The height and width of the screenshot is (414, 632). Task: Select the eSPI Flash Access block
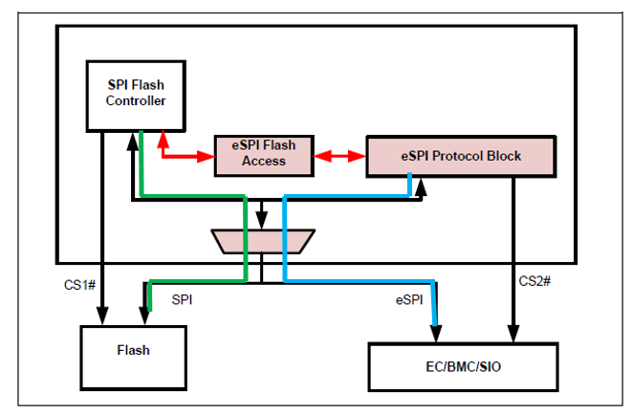click(x=263, y=153)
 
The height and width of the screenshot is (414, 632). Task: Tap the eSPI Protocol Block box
click(x=460, y=156)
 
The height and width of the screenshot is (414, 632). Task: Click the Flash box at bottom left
click(x=134, y=351)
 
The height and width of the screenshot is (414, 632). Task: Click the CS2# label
click(x=534, y=281)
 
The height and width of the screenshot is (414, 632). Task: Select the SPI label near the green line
click(x=183, y=299)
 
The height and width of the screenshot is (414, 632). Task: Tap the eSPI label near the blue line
click(x=408, y=299)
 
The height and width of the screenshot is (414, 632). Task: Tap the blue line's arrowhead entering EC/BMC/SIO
click(x=437, y=336)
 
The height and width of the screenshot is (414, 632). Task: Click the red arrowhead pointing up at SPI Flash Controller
click(x=163, y=139)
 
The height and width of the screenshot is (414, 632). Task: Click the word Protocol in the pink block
click(x=461, y=156)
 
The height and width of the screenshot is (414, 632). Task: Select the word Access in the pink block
click(x=263, y=161)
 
